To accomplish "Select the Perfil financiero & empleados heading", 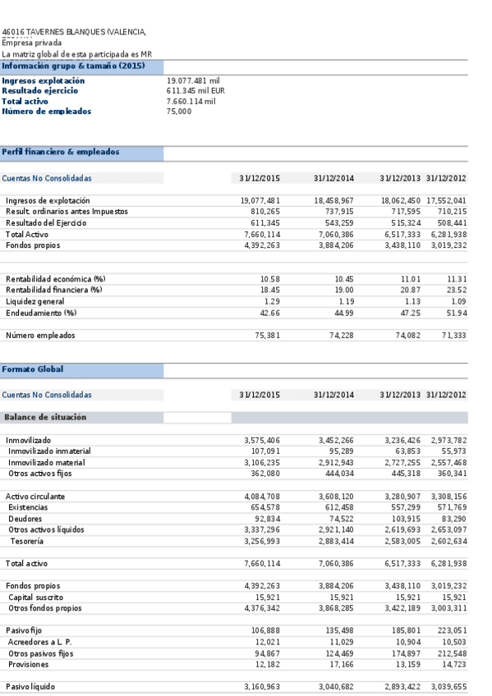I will (61, 152).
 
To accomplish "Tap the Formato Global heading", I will (33, 369).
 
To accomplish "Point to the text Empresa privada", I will (32, 43).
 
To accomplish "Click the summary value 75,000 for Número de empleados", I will (179, 112).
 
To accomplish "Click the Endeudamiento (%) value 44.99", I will (340, 313).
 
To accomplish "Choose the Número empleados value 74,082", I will (402, 336).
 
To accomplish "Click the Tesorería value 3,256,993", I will (262, 542).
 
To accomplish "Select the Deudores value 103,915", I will (402, 520).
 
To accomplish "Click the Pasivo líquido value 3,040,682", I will (334, 686).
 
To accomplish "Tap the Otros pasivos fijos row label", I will (43, 653).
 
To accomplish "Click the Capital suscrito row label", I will (37, 598).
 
